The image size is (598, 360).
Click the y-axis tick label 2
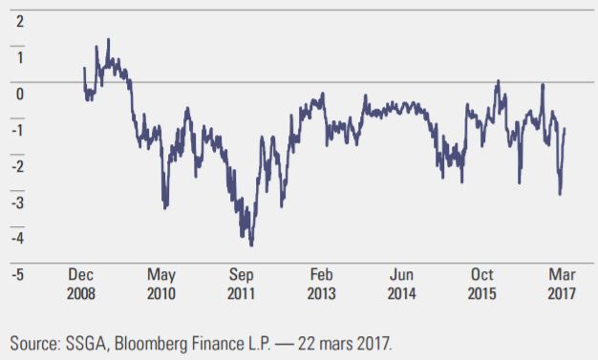point(20,21)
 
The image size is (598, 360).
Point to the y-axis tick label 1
point(20,57)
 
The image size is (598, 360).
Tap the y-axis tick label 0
point(20,94)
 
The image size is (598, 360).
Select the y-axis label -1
point(17,130)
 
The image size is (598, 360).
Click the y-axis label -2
point(17,166)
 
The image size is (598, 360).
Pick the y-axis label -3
point(17,202)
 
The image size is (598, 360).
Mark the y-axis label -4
point(17,239)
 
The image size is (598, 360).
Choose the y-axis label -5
point(17,275)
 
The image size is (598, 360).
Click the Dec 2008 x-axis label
point(81,285)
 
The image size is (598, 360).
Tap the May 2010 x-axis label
point(161,285)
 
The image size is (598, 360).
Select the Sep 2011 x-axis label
point(241,285)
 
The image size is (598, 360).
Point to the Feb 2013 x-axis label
point(322,285)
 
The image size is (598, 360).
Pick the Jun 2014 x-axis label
point(401,285)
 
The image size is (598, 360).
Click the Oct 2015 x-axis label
point(482,285)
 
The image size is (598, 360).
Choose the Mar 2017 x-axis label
point(562,285)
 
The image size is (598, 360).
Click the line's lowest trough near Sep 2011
point(251,245)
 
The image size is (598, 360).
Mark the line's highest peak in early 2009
point(108,39)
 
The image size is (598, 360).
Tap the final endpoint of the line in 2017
point(565,129)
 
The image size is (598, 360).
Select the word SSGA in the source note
point(86,344)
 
